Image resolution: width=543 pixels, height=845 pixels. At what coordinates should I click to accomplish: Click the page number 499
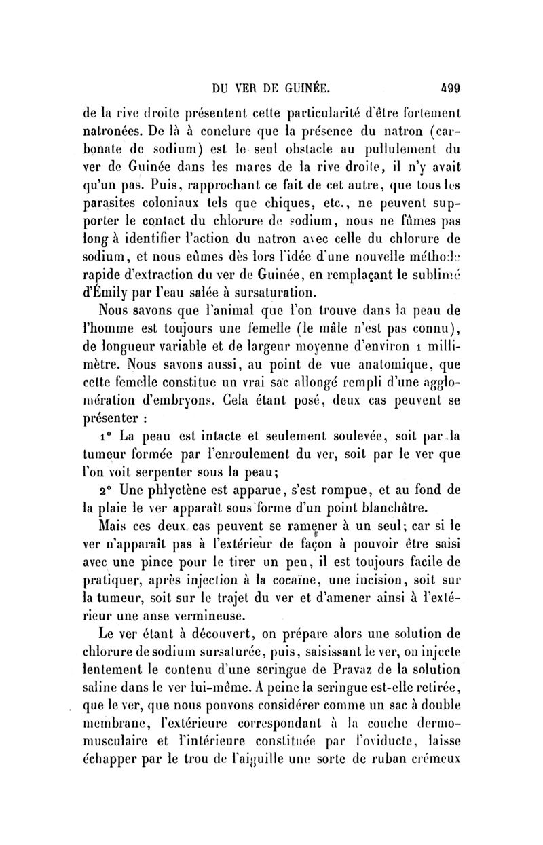coord(448,88)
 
